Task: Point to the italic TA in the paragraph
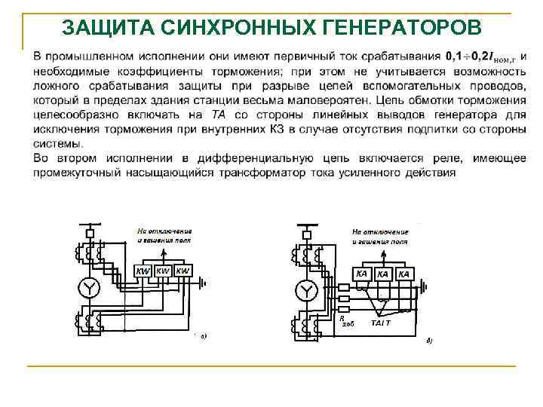coord(218,115)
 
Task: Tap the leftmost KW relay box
coord(143,271)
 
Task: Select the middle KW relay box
coord(163,271)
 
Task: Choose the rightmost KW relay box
coord(183,271)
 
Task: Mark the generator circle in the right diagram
coord(306,289)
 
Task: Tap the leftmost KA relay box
coord(362,274)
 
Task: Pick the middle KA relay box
coord(383,274)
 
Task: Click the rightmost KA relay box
coord(403,274)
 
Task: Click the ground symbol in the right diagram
coord(423,286)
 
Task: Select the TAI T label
coord(380,323)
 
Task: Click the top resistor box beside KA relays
coord(343,287)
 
